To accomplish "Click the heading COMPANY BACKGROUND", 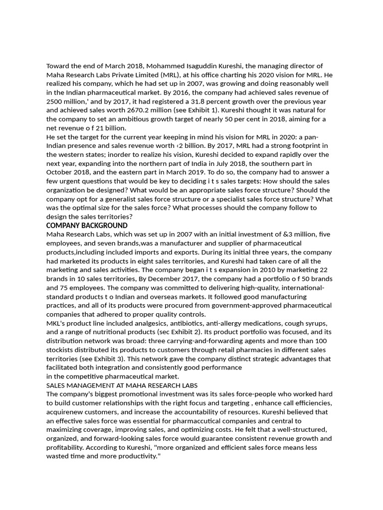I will point(87,226).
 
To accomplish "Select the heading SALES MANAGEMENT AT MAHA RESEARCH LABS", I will point(122,385).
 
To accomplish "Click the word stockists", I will point(61,350).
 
